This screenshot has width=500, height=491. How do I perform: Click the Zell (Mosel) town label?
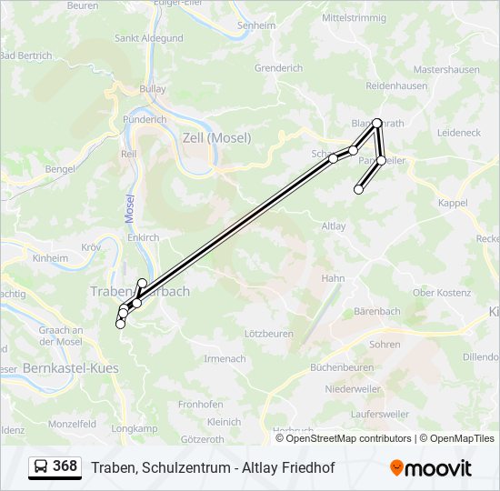tap(216, 137)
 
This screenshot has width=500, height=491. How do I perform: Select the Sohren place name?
tap(385, 345)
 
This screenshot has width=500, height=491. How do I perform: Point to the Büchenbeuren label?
tap(342, 367)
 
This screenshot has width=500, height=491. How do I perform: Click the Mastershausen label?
tap(446, 69)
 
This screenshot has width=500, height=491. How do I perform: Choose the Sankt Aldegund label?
tap(149, 38)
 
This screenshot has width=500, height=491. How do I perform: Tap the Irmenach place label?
tap(225, 358)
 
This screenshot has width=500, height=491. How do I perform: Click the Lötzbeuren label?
tap(269, 334)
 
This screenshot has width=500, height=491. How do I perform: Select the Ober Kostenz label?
tap(442, 293)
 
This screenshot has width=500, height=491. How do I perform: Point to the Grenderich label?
tap(278, 68)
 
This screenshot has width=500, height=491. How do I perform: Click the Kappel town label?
tap(452, 203)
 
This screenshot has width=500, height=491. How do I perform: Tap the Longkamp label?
tap(134, 428)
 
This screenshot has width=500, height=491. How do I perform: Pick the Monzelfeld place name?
tap(73, 424)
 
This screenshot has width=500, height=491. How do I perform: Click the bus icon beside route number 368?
tap(40, 467)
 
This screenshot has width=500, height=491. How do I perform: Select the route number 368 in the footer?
tap(65, 466)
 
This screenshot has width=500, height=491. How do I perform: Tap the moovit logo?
tap(431, 468)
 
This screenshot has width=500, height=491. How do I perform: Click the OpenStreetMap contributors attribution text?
tap(348, 438)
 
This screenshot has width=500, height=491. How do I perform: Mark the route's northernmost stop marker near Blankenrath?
tap(376, 123)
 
